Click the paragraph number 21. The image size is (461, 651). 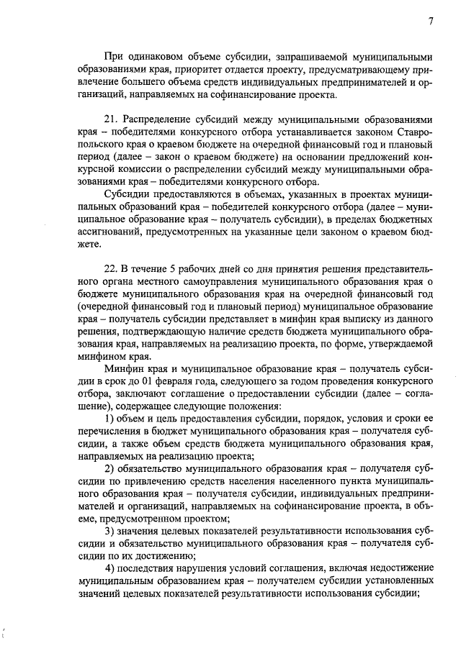point(111,119)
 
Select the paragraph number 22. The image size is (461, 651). point(111,268)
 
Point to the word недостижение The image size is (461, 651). point(399,568)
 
